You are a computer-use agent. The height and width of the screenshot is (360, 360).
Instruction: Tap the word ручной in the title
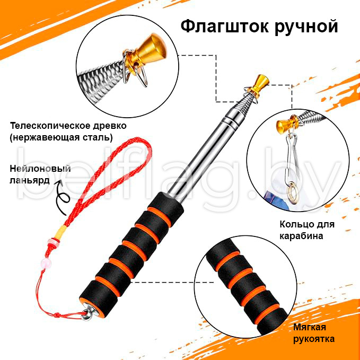pyautogui.click(x=304, y=26)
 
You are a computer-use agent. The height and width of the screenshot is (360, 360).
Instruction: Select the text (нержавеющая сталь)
pyautogui.click(x=61, y=138)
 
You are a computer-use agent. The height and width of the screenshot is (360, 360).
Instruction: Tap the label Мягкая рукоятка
pyautogui.click(x=314, y=332)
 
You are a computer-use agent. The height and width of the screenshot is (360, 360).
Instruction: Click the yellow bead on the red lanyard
pyautogui.click(x=59, y=233)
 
